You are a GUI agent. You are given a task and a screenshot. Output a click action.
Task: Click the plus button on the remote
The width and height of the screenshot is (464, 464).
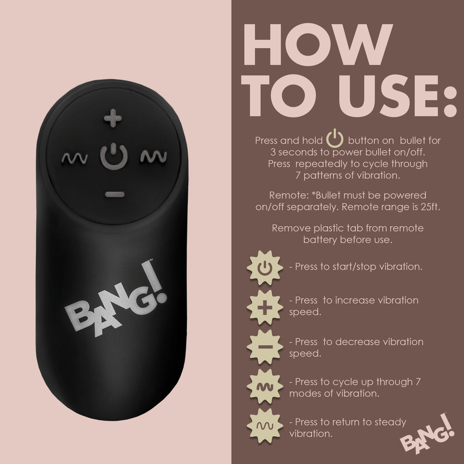(113, 120)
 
